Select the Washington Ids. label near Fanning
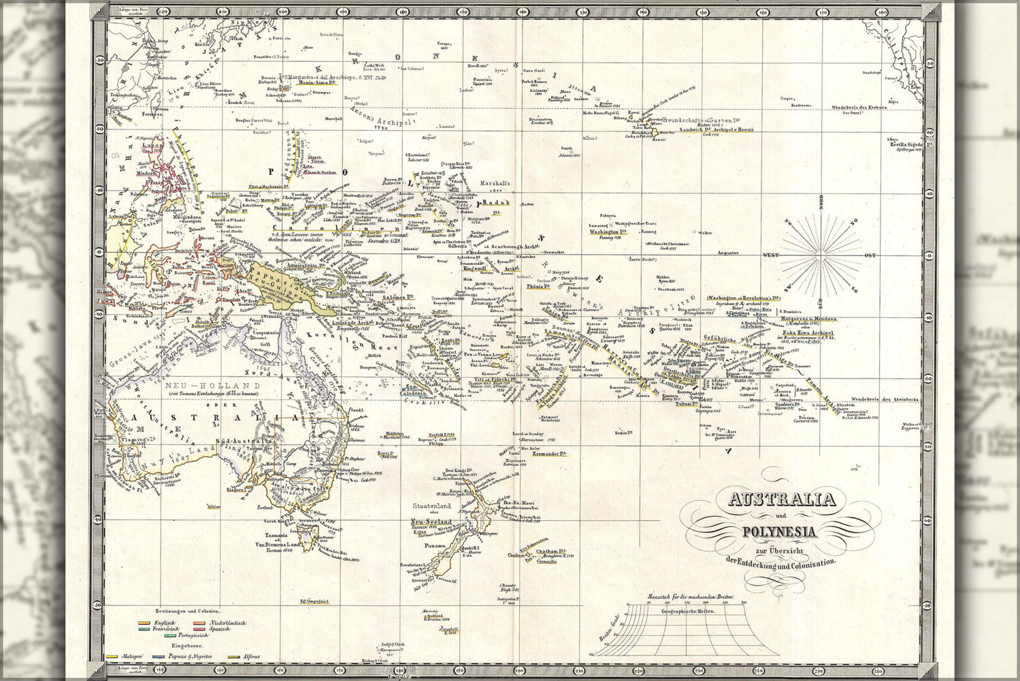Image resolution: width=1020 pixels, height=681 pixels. (x=604, y=232)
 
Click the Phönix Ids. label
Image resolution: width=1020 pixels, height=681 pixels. (x=538, y=287)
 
